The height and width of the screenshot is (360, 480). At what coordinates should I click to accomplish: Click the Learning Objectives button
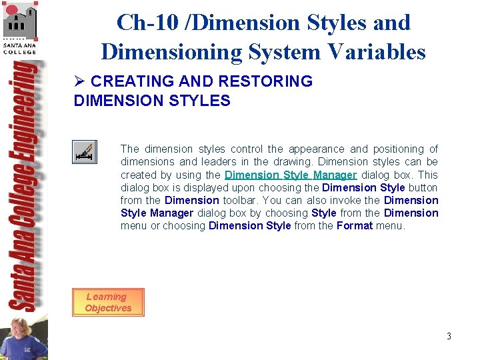(x=107, y=302)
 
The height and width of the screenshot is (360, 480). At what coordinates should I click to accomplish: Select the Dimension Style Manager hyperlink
(x=291, y=175)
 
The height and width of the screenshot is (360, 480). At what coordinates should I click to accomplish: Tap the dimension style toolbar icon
(x=85, y=153)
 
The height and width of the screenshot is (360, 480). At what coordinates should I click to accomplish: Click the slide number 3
(x=449, y=336)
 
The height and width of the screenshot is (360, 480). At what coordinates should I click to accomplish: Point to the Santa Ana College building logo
(x=19, y=21)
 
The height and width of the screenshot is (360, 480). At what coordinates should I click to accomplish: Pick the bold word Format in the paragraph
(x=354, y=225)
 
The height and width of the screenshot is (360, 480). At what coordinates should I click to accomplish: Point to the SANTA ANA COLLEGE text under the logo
(x=19, y=47)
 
